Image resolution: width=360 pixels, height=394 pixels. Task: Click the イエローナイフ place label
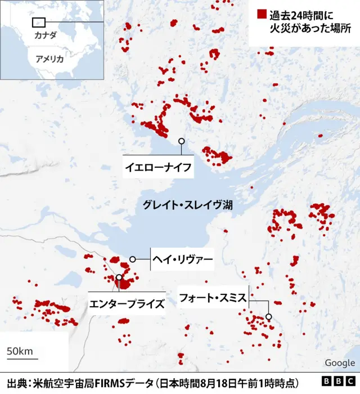click(x=158, y=167)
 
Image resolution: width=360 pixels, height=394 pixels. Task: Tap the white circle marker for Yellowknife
click(x=181, y=141)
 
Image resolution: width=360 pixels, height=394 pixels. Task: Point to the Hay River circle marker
click(x=133, y=259)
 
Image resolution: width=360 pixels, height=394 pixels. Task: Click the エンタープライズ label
click(x=127, y=305)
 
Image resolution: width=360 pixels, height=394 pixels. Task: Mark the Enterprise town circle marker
click(x=119, y=277)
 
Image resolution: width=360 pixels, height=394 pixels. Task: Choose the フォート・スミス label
click(x=213, y=298)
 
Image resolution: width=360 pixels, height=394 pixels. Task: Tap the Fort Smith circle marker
click(x=269, y=316)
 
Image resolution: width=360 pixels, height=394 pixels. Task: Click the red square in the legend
click(x=261, y=14)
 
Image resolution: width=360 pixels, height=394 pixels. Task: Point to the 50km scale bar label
click(x=19, y=351)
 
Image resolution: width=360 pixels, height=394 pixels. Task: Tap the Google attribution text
click(x=340, y=363)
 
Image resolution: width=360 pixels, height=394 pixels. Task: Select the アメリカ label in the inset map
click(x=49, y=59)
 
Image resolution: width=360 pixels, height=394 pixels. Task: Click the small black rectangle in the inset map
click(x=39, y=22)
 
